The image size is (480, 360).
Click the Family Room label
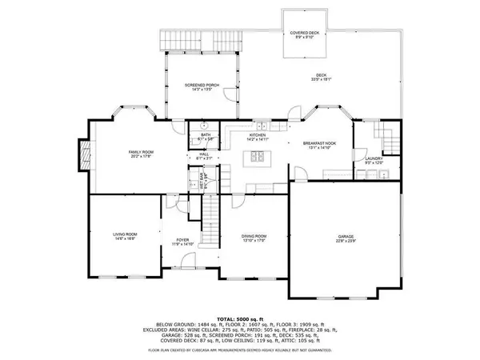[x=141, y=153]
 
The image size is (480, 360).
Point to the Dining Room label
[x=254, y=237]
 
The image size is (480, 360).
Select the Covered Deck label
[x=303, y=34]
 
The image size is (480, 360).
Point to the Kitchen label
[x=257, y=136]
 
